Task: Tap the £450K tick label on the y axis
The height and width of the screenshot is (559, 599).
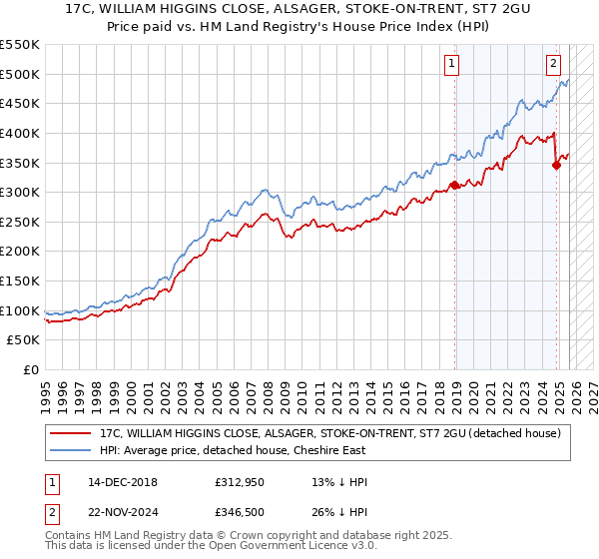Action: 20,103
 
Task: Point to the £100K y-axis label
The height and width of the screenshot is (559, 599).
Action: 20,310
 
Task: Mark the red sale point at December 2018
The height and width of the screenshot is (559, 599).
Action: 453,184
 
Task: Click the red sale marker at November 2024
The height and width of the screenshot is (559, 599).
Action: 556,166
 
